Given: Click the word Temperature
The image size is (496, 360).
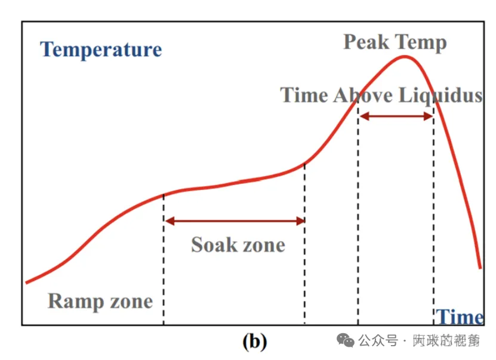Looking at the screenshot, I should pos(101,50).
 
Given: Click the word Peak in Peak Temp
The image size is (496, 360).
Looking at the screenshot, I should pos(366,42).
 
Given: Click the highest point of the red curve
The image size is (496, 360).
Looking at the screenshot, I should pos(405,57).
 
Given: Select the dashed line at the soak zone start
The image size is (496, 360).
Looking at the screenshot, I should pos(164,269).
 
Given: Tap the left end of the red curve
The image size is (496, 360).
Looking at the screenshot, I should pos(27,282).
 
